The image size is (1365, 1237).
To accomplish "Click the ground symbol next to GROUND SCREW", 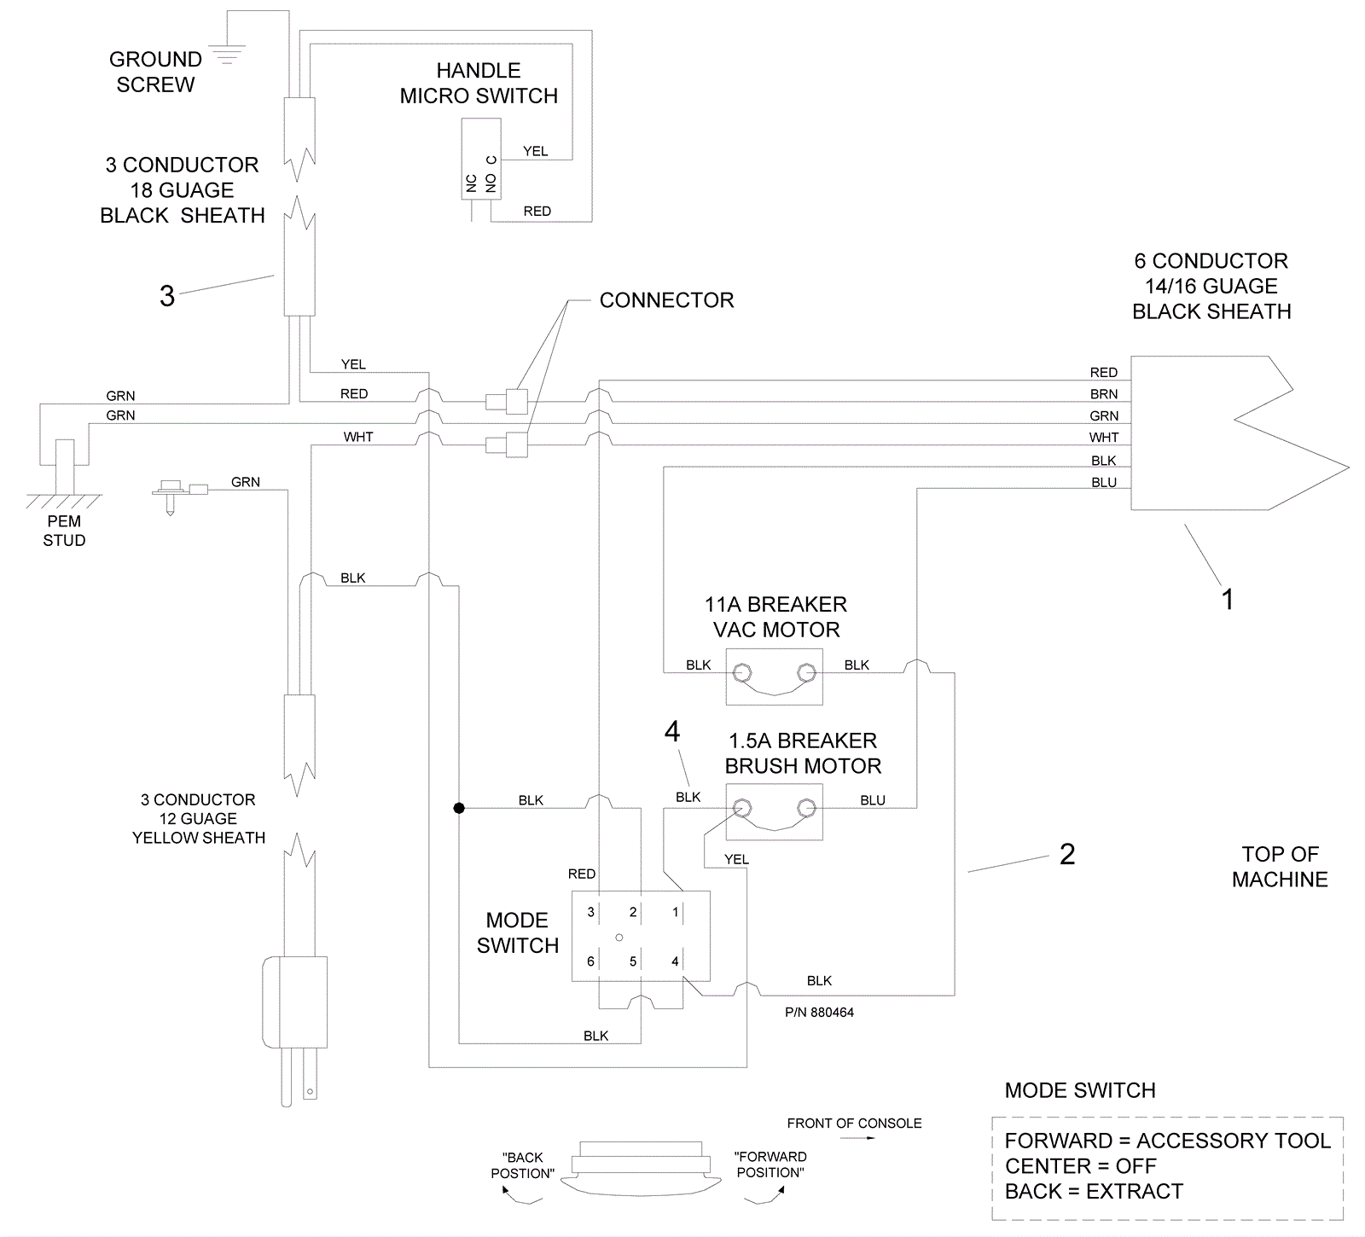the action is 226,53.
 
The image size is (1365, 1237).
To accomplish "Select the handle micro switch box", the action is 481,159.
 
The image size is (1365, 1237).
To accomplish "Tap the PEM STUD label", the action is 64,531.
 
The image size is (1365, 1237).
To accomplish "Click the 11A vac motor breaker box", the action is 775,677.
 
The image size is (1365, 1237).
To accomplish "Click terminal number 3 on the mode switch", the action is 590,912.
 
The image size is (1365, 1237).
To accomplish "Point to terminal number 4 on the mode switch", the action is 675,961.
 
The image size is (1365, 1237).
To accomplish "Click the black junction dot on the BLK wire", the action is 459,807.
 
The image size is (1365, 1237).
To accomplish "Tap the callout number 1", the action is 1228,599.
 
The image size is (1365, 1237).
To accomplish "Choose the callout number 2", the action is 1067,854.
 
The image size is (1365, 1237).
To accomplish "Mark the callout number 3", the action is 167,296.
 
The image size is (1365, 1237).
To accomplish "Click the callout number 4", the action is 672,731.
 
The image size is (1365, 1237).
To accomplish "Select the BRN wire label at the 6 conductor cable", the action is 1104,394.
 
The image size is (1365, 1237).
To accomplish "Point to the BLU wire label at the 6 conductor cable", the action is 1104,482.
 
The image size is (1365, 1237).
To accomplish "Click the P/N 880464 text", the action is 819,1013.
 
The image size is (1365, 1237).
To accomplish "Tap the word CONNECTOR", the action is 666,300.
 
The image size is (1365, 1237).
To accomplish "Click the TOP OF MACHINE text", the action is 1280,867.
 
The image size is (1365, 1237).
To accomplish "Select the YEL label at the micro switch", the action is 536,151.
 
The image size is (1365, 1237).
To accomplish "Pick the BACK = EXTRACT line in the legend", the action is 1094,1191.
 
